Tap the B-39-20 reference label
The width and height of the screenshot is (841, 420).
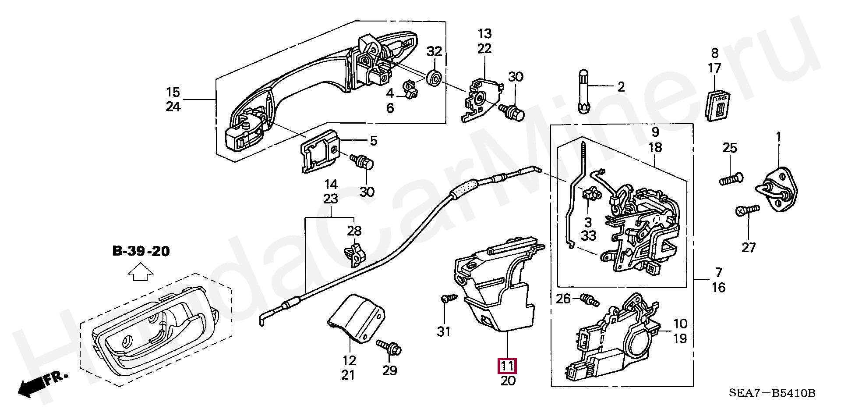[141, 251]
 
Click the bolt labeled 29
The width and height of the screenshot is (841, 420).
[389, 349]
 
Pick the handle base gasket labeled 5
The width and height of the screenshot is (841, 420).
[320, 153]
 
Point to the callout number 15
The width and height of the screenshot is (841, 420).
[173, 93]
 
